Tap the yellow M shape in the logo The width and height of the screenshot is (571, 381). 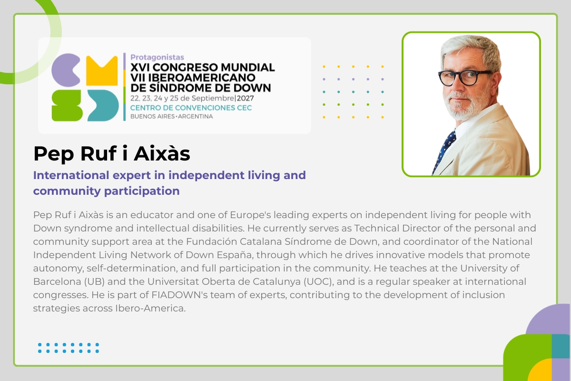[x=102, y=70]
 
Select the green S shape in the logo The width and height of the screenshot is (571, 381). [x=67, y=105]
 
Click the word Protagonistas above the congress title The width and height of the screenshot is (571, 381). [x=157, y=57]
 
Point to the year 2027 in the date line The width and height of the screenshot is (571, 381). [x=245, y=98]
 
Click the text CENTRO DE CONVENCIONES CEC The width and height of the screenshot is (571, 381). [x=191, y=108]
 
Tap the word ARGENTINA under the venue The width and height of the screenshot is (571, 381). [x=195, y=117]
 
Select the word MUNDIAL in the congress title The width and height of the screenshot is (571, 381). [x=248, y=67]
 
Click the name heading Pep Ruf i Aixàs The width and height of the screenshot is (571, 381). [x=112, y=153]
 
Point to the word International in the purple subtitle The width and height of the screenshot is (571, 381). [x=71, y=175]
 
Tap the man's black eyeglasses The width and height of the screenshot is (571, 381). [x=464, y=77]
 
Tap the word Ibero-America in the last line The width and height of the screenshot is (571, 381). [x=150, y=308]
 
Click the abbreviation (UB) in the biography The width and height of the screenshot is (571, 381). [x=95, y=281]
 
